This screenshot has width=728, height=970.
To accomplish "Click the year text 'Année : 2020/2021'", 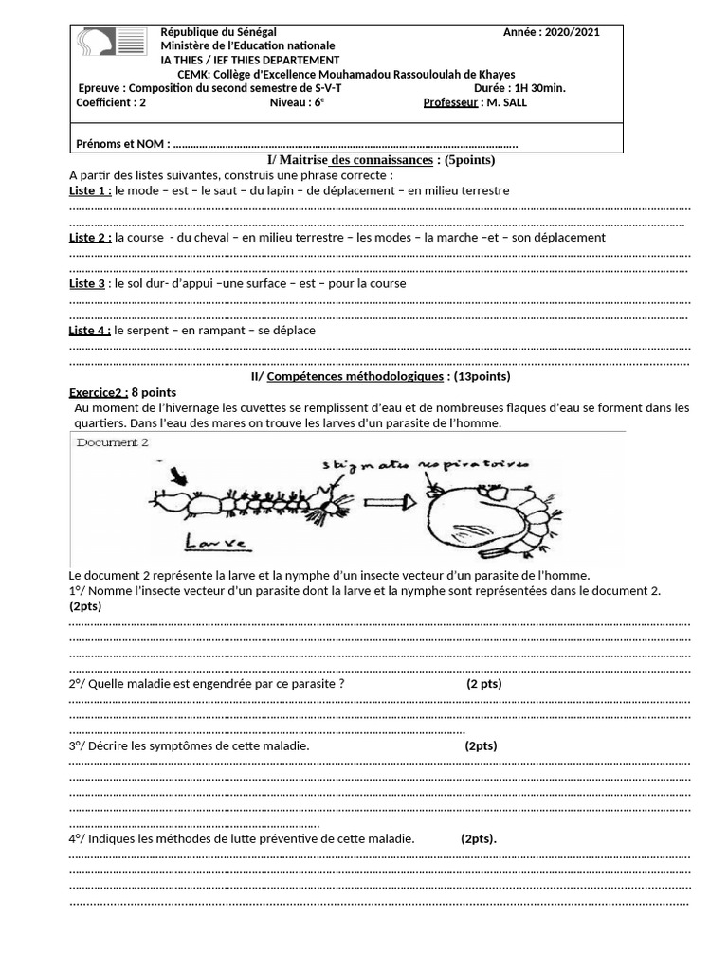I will click(551, 32).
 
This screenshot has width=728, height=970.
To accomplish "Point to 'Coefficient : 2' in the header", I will click(111, 102).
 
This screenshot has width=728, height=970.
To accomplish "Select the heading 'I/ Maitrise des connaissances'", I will click(342, 160).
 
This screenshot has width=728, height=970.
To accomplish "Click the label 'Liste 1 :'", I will click(91, 190).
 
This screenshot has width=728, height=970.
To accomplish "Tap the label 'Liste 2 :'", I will click(91, 238).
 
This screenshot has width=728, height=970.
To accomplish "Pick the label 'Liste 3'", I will click(87, 284).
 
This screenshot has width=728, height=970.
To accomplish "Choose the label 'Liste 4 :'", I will click(91, 331).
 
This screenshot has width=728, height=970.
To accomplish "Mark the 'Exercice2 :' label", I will click(99, 392).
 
